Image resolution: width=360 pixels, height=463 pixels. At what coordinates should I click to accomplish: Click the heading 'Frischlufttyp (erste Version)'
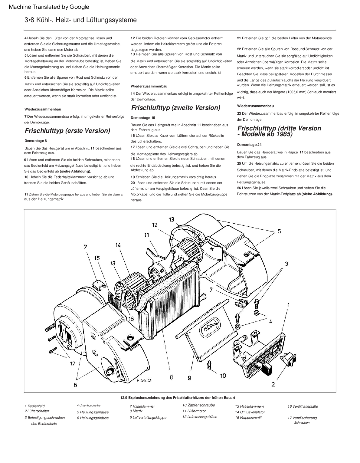click(x=67, y=131)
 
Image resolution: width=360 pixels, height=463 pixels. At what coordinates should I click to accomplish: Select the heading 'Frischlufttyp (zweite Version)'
click(x=175, y=108)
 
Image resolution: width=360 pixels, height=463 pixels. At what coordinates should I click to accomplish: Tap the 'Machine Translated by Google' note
click(x=49, y=7)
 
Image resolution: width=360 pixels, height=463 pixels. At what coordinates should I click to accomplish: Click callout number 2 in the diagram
click(x=273, y=384)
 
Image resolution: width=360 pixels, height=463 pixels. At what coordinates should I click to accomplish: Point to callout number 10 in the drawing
click(x=223, y=376)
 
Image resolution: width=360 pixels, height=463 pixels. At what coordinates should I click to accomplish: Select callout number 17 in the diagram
click(x=73, y=363)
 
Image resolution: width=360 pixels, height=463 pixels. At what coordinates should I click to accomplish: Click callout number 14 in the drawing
click(x=118, y=245)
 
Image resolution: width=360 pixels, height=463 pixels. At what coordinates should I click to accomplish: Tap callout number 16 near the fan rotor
click(x=131, y=318)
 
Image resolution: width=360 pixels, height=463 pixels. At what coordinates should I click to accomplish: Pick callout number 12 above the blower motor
click(x=155, y=225)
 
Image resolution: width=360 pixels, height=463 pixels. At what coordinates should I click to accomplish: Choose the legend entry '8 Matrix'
click(x=136, y=411)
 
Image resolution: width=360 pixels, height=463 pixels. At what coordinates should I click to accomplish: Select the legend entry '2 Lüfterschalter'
click(x=37, y=411)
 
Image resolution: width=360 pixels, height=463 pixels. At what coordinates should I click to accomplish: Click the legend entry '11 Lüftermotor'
click(x=194, y=411)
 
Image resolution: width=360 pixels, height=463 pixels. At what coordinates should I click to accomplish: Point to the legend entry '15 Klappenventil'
click(x=248, y=418)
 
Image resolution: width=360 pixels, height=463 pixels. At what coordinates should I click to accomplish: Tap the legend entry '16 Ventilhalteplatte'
click(x=303, y=406)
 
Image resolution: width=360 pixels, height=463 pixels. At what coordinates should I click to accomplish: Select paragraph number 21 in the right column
click(x=239, y=38)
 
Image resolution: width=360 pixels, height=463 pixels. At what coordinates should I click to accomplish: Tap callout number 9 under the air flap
click(x=189, y=378)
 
